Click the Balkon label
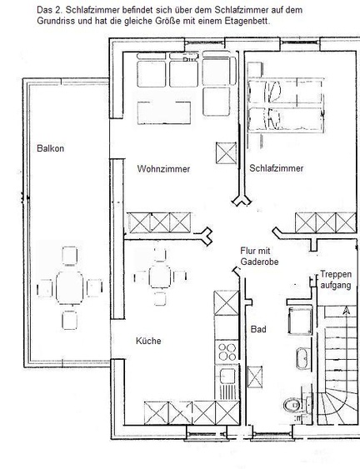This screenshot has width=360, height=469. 50,148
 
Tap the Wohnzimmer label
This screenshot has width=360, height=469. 163,169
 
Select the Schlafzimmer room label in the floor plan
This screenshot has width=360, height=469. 276,168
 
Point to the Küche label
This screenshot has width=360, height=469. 148,341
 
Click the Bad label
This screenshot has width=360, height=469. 258,329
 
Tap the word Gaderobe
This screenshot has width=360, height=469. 259,262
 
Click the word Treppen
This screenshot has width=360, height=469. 336,274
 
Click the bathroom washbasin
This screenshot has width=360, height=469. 302,358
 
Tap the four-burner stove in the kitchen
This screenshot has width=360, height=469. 227,352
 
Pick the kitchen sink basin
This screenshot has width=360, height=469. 227,377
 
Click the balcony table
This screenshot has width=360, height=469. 69,287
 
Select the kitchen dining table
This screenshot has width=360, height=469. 160,277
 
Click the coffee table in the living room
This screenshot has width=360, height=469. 164,113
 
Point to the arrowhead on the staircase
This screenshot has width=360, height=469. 346,311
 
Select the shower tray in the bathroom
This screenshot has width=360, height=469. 300,321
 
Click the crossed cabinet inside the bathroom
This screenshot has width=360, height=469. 255,377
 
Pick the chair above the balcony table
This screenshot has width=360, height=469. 70,256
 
